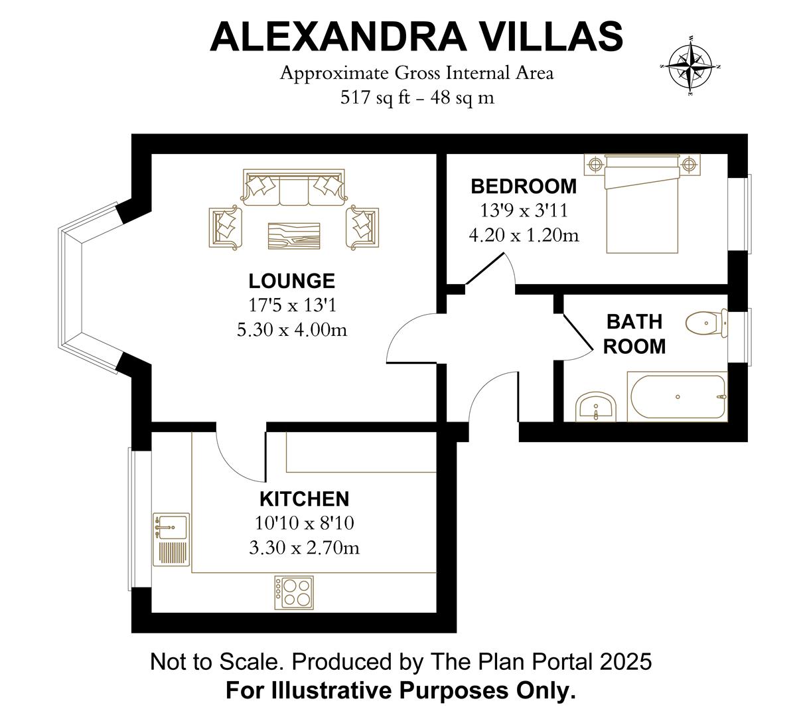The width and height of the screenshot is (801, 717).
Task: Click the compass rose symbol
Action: point(690,66)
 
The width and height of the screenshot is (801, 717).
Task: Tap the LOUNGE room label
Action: point(291,281)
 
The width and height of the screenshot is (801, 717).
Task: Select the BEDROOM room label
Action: point(524,186)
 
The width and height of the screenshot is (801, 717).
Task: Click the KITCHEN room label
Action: point(304,499)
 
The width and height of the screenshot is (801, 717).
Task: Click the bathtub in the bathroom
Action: point(677,397)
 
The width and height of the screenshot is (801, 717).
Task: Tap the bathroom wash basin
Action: point(596,406)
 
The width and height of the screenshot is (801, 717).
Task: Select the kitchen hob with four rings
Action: point(294,592)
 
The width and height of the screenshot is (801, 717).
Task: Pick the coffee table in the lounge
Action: point(294,236)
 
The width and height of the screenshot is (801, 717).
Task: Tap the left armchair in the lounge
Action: point(226,227)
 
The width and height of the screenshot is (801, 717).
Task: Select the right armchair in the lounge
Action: point(362,227)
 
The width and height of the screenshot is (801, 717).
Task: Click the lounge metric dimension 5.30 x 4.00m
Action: point(291,329)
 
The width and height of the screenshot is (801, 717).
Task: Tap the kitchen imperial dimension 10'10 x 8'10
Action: point(304,523)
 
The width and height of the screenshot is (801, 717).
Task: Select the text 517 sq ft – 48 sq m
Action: point(417,98)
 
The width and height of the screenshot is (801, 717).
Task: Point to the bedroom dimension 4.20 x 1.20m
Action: point(524,235)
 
